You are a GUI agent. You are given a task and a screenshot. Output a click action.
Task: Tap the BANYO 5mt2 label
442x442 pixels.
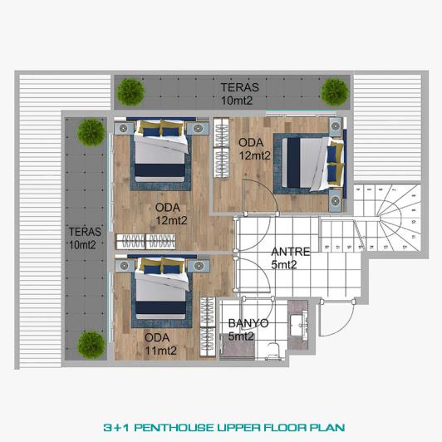247,330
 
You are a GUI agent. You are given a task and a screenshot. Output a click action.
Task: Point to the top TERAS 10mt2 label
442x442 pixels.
239,93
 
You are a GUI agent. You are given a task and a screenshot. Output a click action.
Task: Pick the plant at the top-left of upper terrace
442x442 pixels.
130,91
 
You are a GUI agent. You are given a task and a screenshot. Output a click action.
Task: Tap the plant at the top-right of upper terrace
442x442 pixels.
334,91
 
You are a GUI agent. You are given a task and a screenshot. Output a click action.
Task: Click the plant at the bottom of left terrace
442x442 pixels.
91,344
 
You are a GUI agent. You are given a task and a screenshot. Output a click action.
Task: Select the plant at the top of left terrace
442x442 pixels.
91,131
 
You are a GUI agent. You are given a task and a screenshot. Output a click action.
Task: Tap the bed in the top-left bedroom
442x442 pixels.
160,150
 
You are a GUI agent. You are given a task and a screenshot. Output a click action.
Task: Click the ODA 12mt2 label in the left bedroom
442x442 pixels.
171,214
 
